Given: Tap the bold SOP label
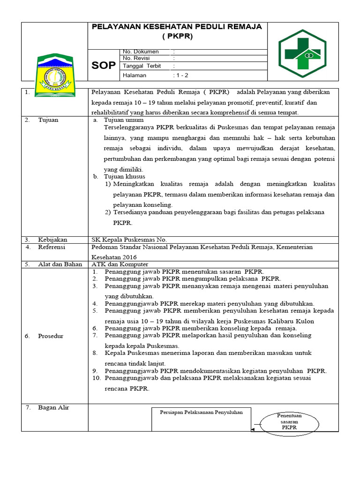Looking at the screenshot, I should [103, 66].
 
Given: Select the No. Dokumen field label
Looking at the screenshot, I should [140, 52].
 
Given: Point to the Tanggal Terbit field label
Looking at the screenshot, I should [142, 66].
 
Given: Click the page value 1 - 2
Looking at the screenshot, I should [181, 75].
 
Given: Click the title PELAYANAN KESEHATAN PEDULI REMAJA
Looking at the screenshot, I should [177, 27].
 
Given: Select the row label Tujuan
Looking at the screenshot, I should [48, 120].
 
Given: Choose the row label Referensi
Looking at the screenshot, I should [52, 247].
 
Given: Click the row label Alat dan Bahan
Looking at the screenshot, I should [60, 264].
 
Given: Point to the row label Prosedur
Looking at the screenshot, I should [51, 336].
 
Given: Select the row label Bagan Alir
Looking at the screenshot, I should [53, 407].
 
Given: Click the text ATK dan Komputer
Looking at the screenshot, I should [120, 264].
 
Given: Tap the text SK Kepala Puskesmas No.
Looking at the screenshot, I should [129, 240].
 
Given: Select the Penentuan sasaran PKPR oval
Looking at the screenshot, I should [289, 421].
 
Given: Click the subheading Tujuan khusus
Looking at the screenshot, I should [124, 177].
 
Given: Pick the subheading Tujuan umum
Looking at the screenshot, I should [124, 120].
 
